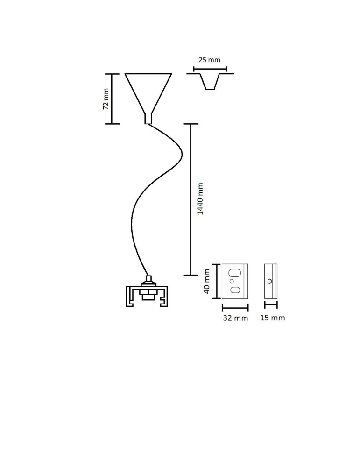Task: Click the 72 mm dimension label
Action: tap(106, 99)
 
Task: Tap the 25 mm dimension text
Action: tap(210, 60)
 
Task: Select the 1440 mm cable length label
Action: tap(200, 198)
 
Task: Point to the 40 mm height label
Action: tap(207, 281)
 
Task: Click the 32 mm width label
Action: tap(235, 318)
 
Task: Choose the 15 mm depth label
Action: tap(273, 318)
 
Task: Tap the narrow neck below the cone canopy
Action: tap(148, 119)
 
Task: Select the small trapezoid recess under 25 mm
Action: tap(210, 81)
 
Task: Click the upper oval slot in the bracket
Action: tap(235, 273)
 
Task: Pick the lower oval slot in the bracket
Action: tap(235, 290)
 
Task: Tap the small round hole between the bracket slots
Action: tap(232, 281)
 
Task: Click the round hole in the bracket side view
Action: tap(269, 281)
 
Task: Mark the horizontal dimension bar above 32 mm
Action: tap(235, 308)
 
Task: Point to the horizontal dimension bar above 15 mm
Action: tap(271, 305)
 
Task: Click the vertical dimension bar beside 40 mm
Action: tap(217, 281)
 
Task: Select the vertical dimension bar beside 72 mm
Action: tap(112, 99)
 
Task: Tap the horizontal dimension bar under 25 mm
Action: tap(210, 70)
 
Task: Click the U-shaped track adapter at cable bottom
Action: tap(147, 296)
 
